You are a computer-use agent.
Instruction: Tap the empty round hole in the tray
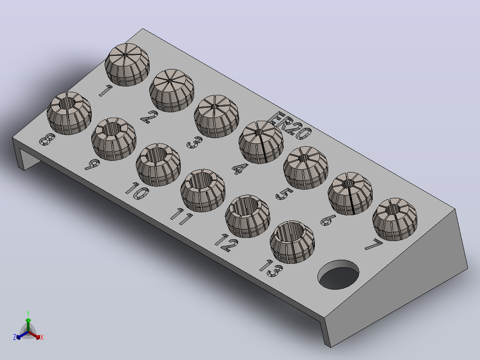pyautogui.click(x=338, y=274)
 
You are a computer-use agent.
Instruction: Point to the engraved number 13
pyautogui.click(x=271, y=268)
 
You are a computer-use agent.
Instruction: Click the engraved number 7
pyautogui.click(x=374, y=245)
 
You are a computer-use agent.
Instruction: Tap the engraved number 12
pyautogui.click(x=227, y=243)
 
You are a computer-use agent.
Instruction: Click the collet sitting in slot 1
pyautogui.click(x=127, y=65)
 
